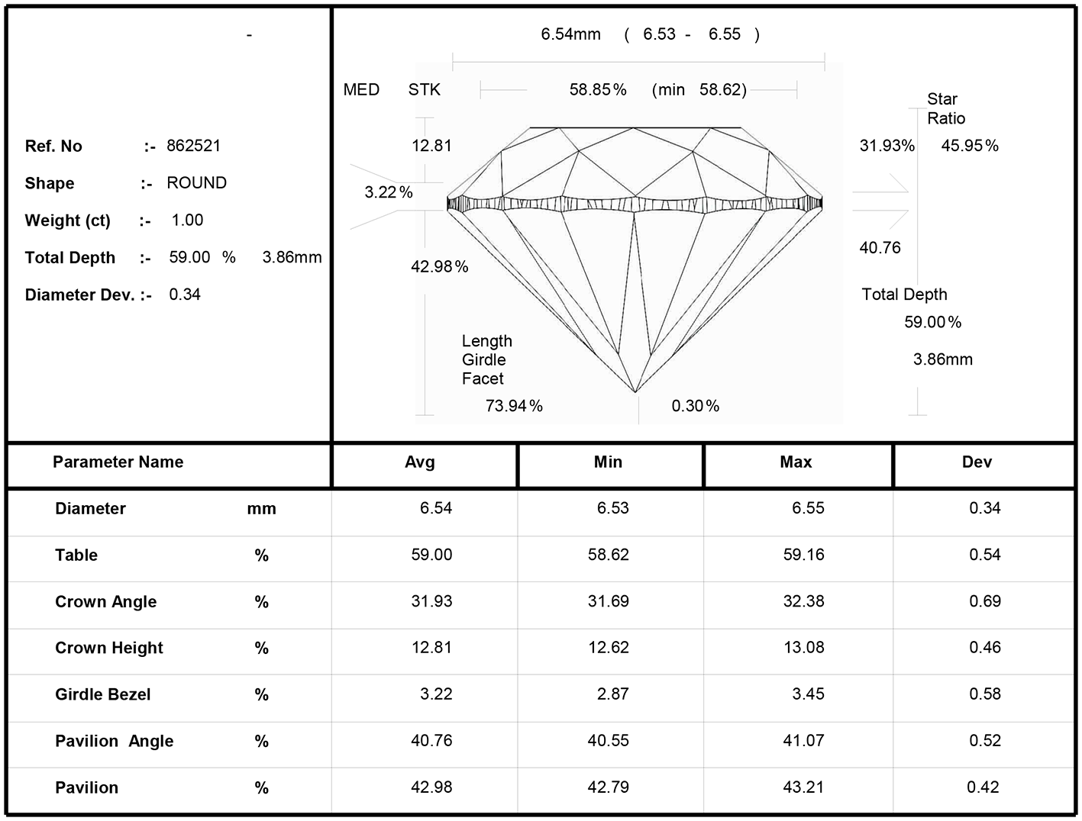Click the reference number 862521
click(193, 146)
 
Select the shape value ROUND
click(196, 182)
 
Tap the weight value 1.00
click(187, 220)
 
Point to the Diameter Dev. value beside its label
click(185, 295)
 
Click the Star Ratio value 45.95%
click(970, 146)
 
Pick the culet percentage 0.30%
click(695, 406)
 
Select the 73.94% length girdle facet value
click(514, 406)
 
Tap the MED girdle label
click(361, 89)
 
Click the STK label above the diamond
click(424, 89)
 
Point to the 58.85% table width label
click(597, 89)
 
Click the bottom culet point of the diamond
click(635, 392)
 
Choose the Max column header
click(796, 462)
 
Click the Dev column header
click(977, 462)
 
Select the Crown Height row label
click(109, 648)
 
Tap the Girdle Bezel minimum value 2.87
click(612, 694)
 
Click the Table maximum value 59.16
click(803, 555)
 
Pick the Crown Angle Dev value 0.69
click(985, 600)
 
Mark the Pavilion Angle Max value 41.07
click(803, 740)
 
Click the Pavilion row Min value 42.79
click(609, 787)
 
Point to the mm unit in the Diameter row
click(261, 509)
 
